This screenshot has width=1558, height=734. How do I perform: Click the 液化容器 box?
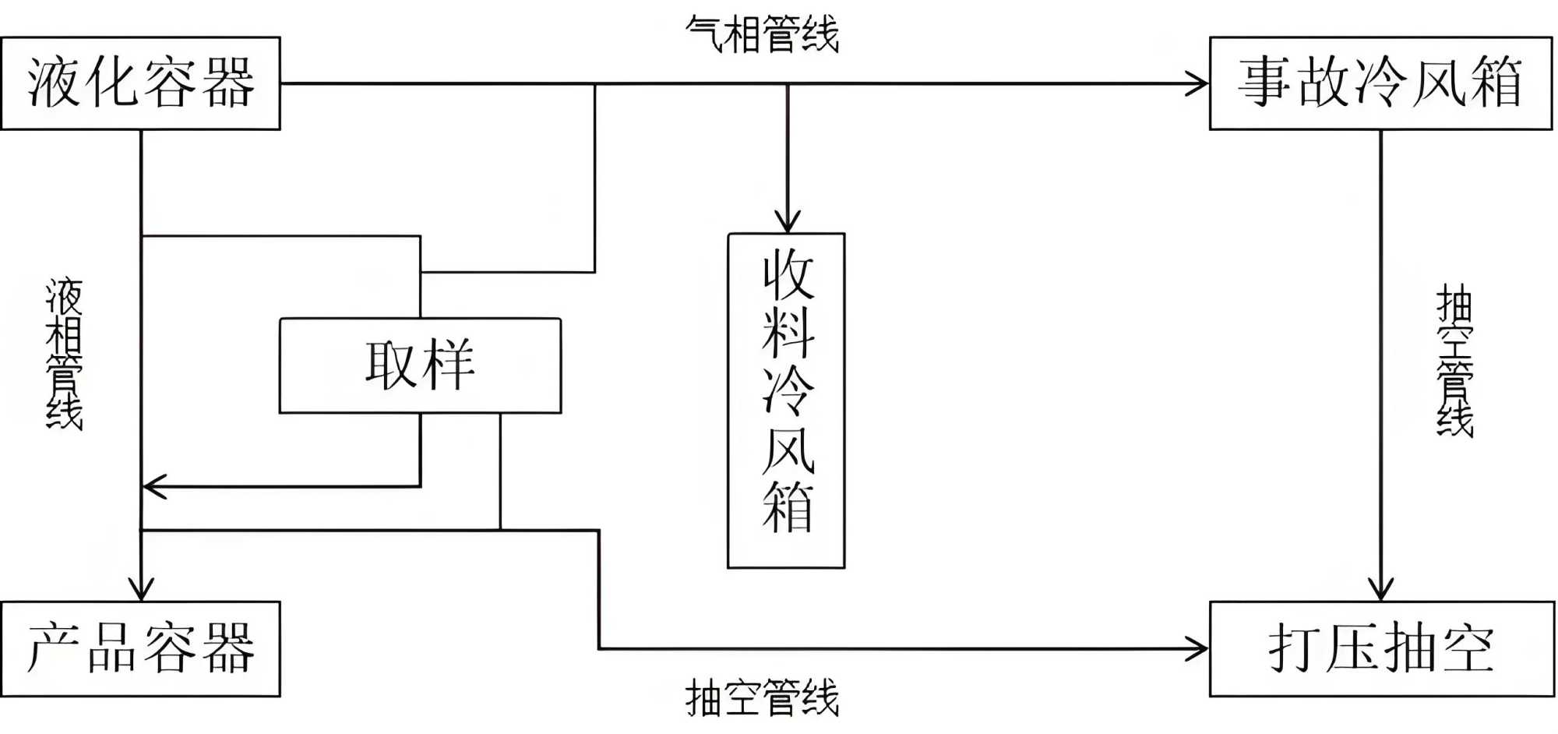140,83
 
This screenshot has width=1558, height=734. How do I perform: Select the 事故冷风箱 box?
1380,83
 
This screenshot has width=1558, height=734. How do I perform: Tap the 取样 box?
420,365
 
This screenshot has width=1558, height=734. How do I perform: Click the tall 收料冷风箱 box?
786,401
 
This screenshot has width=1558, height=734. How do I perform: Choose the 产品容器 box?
140,648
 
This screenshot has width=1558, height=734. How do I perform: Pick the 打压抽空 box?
1381,648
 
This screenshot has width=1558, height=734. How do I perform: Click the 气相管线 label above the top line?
762,35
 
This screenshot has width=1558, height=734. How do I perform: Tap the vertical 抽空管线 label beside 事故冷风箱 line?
1454,360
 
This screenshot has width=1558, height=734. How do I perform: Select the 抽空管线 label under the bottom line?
762,697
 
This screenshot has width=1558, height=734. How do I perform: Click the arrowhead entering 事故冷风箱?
1200,83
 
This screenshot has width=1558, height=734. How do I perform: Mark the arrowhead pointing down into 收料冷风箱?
788,222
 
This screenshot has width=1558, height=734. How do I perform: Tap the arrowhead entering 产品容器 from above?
141,590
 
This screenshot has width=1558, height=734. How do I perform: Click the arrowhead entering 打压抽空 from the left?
1200,648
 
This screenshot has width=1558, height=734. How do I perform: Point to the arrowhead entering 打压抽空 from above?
1381,590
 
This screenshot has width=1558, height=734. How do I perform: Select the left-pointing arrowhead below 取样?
153,487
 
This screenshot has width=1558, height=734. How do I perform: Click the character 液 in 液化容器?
53,83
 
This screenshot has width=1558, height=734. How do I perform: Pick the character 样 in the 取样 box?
448,365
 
